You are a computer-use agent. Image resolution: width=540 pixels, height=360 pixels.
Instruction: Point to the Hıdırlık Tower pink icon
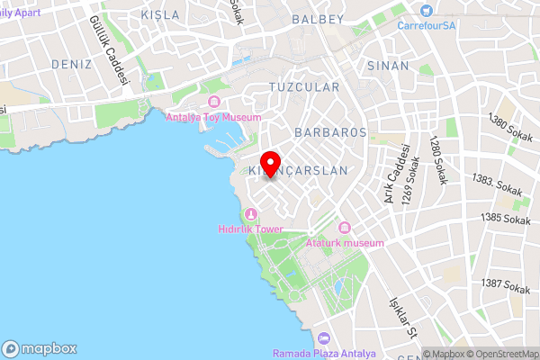point(251,214)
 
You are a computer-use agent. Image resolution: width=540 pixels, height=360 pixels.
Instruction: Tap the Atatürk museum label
point(345,243)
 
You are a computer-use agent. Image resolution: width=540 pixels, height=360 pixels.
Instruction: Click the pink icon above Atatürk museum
point(344,229)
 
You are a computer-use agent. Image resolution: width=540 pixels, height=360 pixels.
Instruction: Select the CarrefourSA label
point(428,24)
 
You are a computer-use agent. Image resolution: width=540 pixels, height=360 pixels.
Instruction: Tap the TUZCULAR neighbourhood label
point(304,87)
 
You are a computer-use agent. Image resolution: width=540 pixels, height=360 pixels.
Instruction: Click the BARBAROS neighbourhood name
point(329,131)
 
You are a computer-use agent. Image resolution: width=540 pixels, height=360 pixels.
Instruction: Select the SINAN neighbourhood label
point(388,66)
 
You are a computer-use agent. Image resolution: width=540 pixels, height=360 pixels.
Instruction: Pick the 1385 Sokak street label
point(505,218)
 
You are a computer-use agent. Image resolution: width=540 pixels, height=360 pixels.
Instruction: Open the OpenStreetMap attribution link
point(503,354)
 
